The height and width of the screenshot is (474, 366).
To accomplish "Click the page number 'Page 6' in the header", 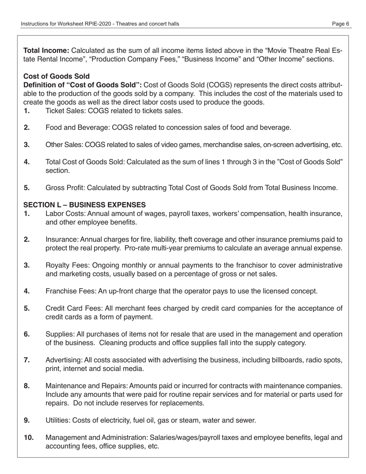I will coord(341,24).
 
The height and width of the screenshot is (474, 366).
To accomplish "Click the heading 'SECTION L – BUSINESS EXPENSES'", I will coord(85,205).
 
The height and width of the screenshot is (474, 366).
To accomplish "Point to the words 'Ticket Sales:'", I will coord(66,111).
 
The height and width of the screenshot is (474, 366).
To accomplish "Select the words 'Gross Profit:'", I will coord(65,188).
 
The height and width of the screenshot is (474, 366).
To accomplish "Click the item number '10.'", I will coord(29,437).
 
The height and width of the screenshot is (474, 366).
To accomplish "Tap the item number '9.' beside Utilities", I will coord(27,420).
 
